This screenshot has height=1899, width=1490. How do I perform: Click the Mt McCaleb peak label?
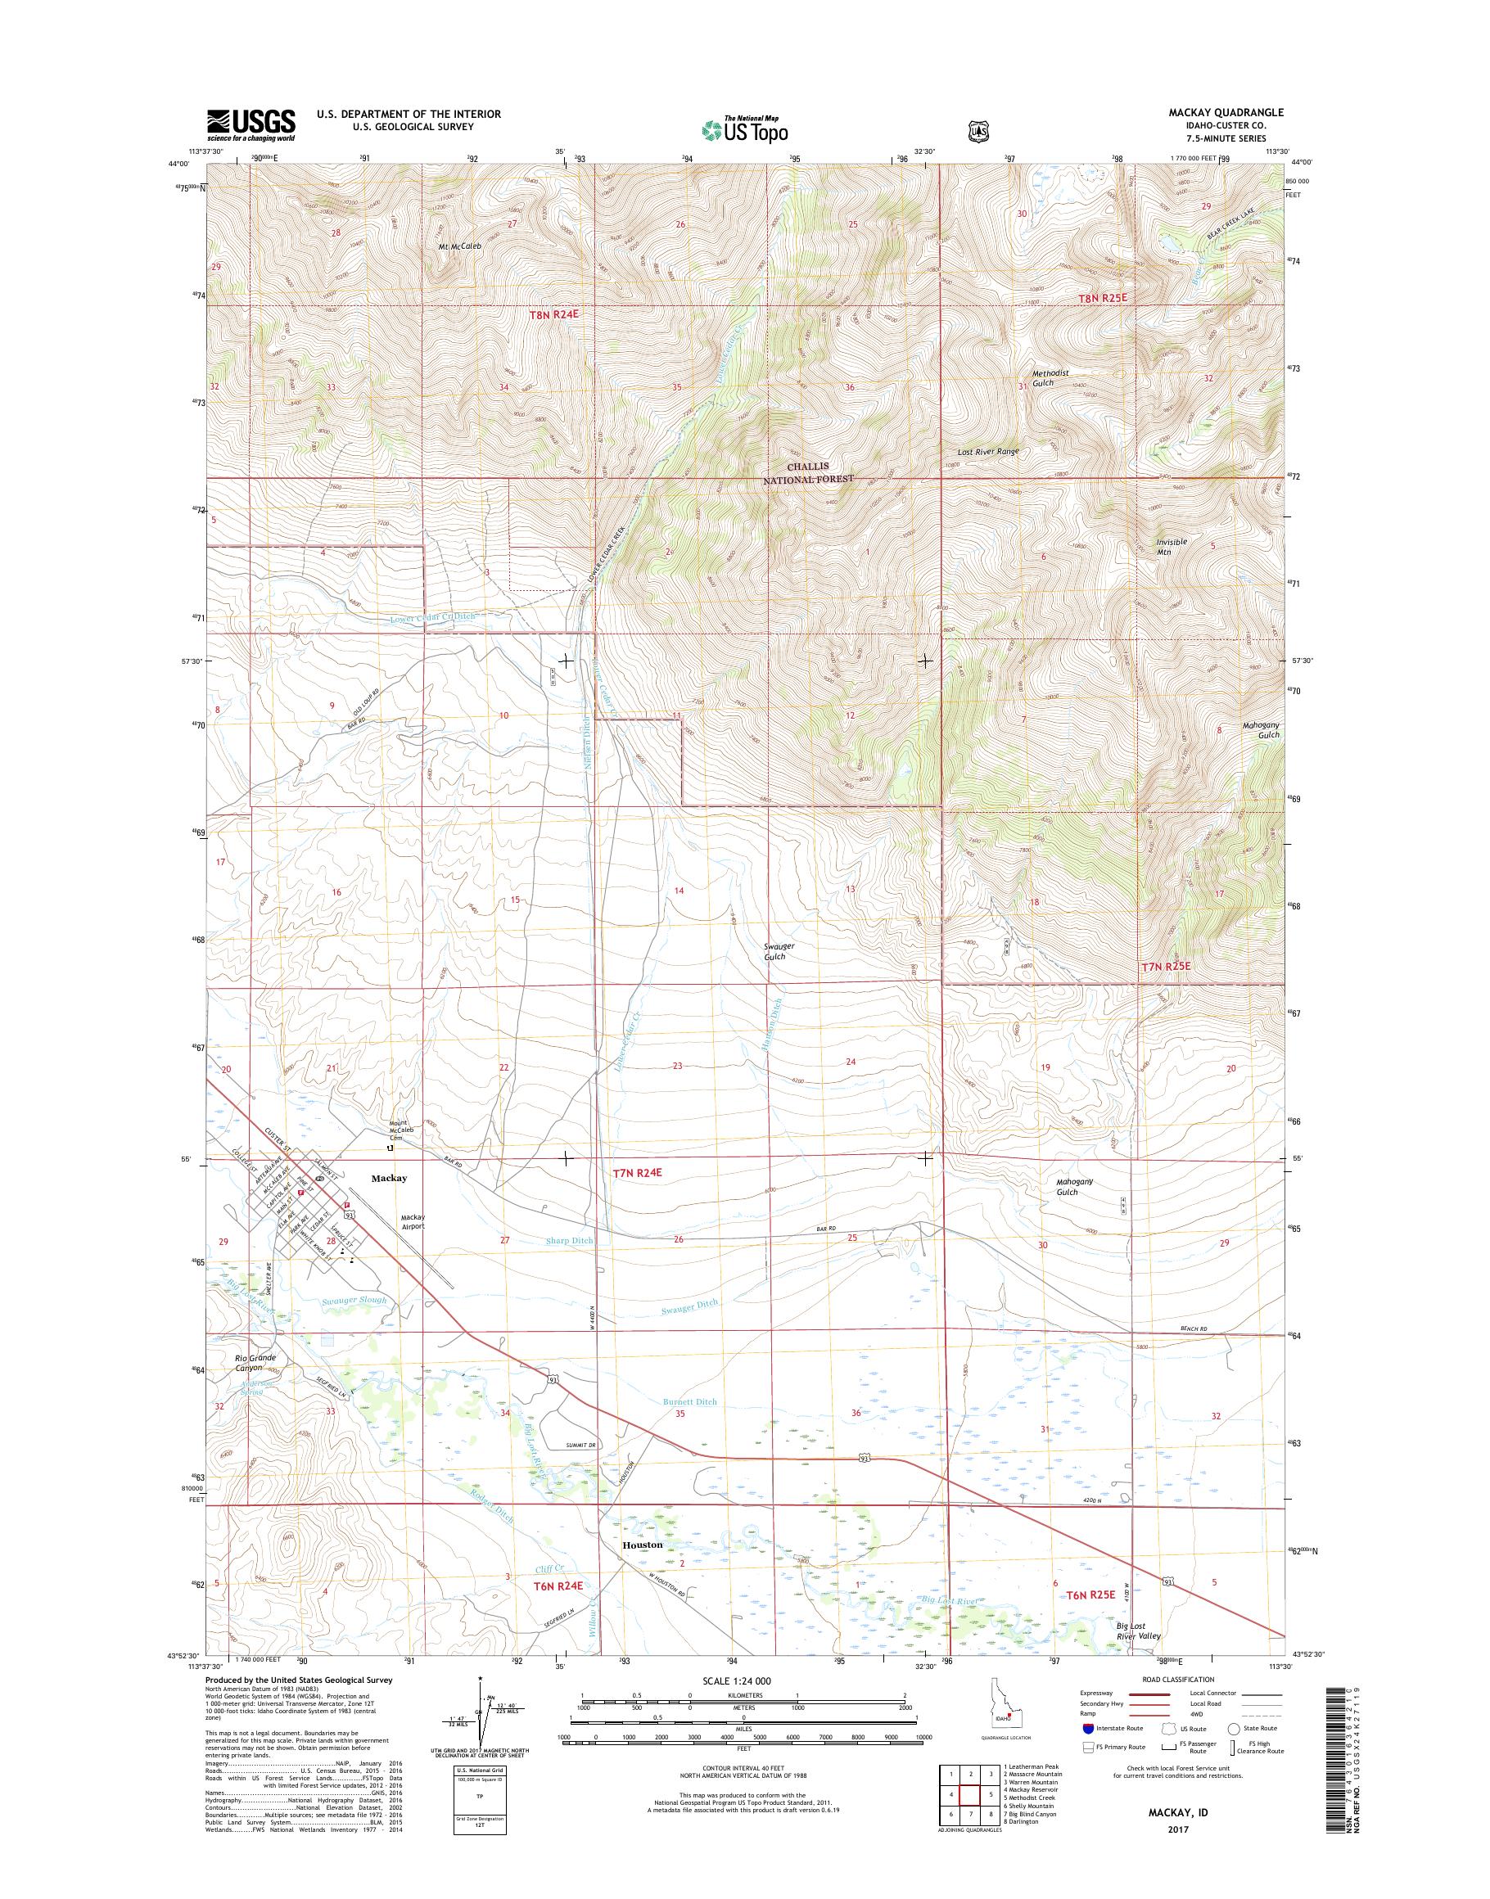(460, 246)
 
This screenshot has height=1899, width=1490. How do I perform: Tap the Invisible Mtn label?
(1171, 546)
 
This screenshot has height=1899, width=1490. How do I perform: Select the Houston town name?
(642, 1545)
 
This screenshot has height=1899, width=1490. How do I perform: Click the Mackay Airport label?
(412, 1221)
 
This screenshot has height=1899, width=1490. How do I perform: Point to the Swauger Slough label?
(354, 1300)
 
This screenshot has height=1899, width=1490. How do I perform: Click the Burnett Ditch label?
(689, 1402)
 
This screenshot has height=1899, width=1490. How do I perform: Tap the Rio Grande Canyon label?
(255, 1363)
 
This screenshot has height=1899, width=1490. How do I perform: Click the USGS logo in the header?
(251, 124)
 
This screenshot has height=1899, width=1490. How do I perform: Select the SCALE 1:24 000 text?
(743, 1680)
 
